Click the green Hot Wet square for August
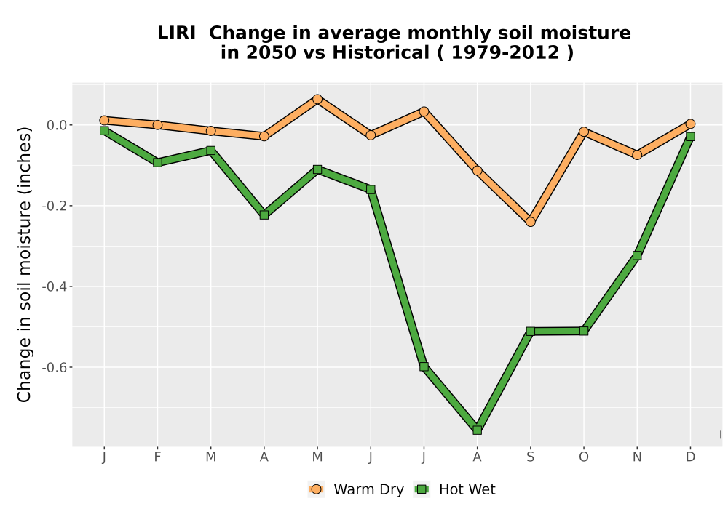(x=477, y=430)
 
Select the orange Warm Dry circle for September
(x=530, y=222)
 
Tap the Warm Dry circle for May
(x=317, y=99)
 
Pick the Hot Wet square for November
(x=637, y=255)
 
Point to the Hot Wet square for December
(x=690, y=136)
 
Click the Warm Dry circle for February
(x=157, y=124)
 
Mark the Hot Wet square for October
(x=584, y=331)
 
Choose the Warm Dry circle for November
(x=637, y=154)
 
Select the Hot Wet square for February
(x=157, y=162)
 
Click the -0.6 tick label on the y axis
(x=55, y=368)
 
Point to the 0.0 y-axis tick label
(x=57, y=125)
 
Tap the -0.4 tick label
(x=55, y=287)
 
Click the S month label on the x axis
(x=530, y=457)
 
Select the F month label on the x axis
(x=157, y=457)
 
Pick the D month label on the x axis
(x=690, y=457)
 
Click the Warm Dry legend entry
(x=356, y=489)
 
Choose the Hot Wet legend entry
(x=455, y=489)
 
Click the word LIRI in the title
(x=176, y=33)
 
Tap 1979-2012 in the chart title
(x=505, y=53)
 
